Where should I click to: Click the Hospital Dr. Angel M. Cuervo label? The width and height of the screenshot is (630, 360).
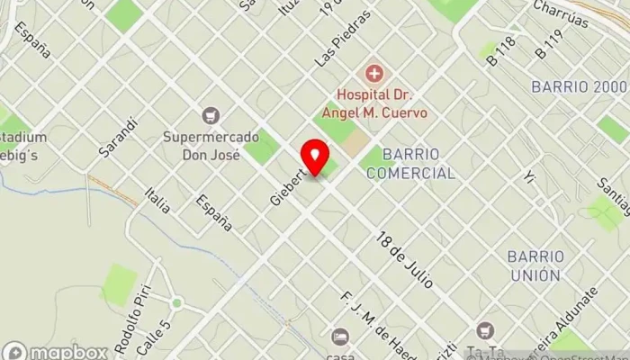click(x=382, y=103)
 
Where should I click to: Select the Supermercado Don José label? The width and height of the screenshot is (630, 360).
click(x=211, y=146)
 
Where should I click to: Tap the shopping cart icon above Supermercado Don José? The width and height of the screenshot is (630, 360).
click(x=211, y=115)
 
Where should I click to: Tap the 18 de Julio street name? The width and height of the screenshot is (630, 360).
click(x=405, y=260)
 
